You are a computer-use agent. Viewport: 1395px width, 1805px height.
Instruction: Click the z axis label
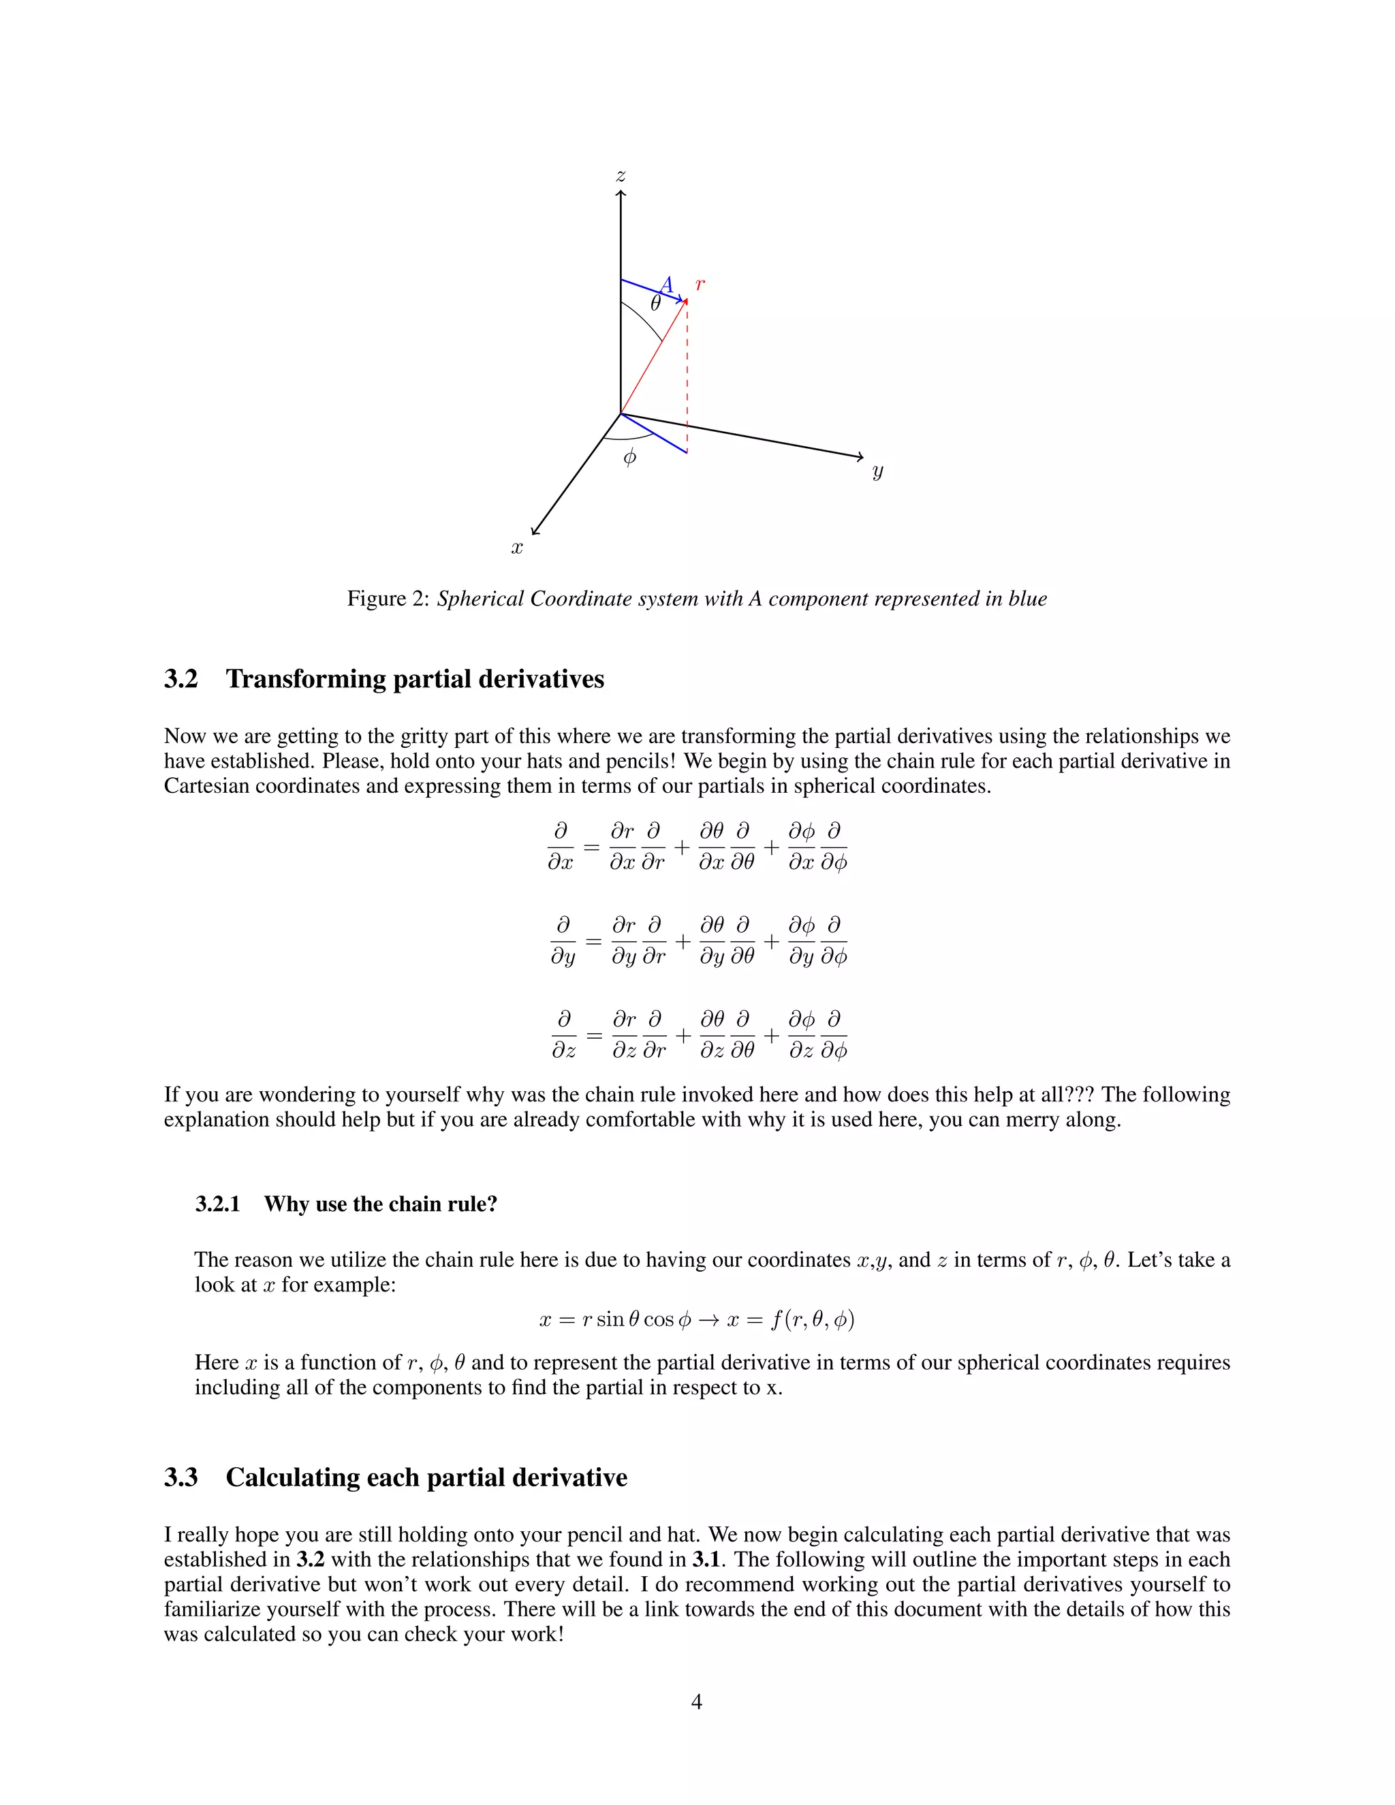point(621,176)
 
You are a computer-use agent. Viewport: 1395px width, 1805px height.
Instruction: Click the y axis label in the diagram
point(877,471)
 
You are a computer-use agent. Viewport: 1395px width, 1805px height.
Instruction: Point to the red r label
point(700,284)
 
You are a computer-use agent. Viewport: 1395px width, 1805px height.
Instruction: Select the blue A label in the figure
point(667,285)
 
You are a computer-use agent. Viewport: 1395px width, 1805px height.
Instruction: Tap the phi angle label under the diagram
point(630,457)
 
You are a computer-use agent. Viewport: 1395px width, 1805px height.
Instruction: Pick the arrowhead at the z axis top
point(621,193)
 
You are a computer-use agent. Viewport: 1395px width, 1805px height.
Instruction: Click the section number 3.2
point(181,679)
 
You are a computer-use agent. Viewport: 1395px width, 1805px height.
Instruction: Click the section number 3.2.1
point(217,1204)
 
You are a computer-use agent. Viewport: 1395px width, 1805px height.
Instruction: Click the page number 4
point(696,1701)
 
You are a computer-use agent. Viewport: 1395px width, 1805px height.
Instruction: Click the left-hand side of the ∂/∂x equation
point(561,847)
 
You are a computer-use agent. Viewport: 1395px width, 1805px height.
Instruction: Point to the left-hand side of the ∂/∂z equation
point(563,1035)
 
